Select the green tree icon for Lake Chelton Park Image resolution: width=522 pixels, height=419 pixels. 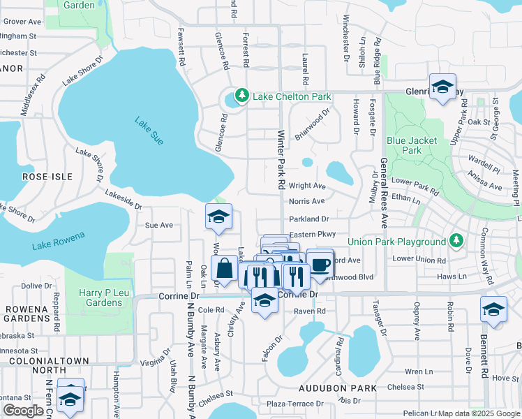pyautogui.click(x=242, y=94)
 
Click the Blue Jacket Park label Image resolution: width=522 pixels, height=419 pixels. pyautogui.click(x=412, y=145)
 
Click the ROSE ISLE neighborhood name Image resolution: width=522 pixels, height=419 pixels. pyautogui.click(x=47, y=177)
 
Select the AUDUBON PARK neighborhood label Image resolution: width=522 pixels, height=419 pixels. pyautogui.click(x=338, y=388)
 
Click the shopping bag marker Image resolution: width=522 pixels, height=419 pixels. pyautogui.click(x=225, y=269)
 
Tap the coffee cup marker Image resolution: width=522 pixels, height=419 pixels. pyautogui.click(x=320, y=265)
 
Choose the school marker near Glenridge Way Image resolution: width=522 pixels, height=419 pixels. pyautogui.click(x=442, y=87)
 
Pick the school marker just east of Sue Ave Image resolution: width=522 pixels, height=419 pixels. pyautogui.click(x=218, y=217)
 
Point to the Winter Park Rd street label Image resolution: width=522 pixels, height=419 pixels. pyautogui.click(x=281, y=160)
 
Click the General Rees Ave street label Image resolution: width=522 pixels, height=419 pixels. pyautogui.click(x=384, y=193)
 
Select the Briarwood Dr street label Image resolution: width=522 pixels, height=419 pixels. pyautogui.click(x=311, y=124)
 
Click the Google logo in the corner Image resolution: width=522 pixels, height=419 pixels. pyautogui.click(x=23, y=411)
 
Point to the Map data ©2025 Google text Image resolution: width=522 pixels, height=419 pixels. pyautogui.click(x=479, y=413)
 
